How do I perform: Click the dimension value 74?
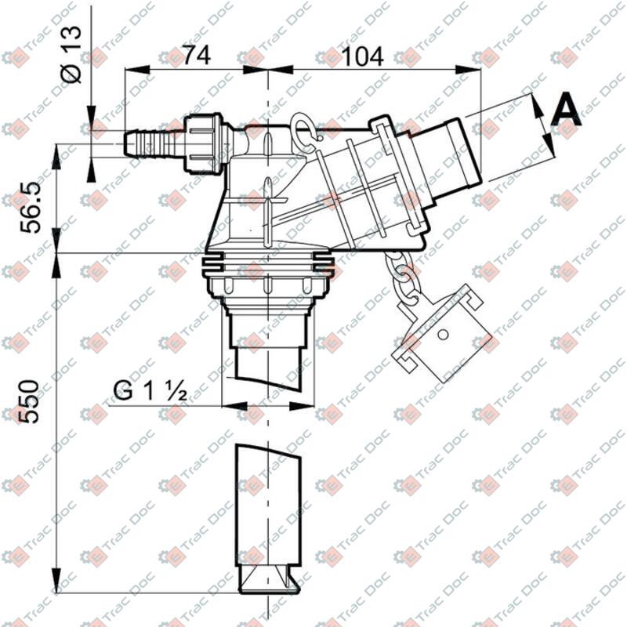[199, 56]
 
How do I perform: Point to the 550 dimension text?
[29, 401]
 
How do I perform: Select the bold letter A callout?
[567, 111]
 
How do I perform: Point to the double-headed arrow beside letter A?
[540, 119]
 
